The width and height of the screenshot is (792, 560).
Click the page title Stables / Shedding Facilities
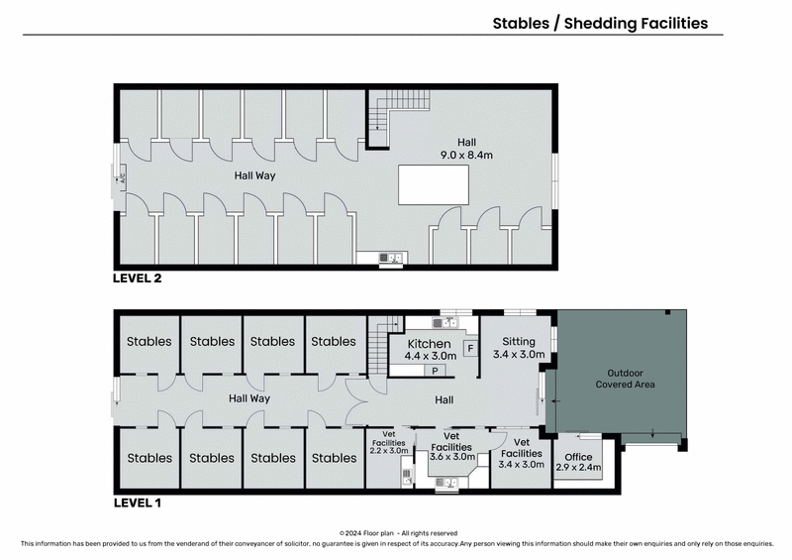coord(600,24)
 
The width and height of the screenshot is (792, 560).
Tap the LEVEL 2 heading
coord(137,279)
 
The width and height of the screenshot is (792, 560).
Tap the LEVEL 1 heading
coord(137,503)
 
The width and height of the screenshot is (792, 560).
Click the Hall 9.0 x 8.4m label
coord(466,148)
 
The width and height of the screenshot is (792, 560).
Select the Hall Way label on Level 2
coord(253,175)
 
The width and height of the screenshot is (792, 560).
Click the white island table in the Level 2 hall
coord(434,184)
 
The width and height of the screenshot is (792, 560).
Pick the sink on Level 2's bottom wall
coord(391,259)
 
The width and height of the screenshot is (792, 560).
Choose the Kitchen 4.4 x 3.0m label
coord(431,348)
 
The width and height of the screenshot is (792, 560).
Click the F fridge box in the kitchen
coord(469,348)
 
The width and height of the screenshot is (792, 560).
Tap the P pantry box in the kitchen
coord(434,370)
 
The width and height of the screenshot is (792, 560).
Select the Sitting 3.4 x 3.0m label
coord(518,346)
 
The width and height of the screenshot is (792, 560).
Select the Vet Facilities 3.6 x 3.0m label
coord(450,447)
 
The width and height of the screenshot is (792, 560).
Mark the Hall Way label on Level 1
coord(248,398)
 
